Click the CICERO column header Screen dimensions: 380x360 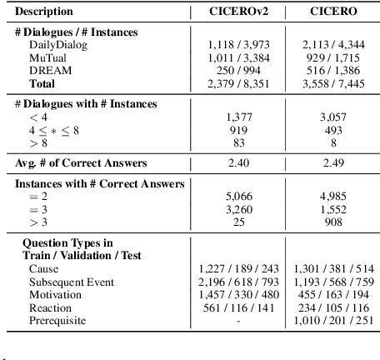pos(332,12)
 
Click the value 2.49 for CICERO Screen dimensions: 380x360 pos(332,163)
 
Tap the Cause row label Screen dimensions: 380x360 pos(43,270)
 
